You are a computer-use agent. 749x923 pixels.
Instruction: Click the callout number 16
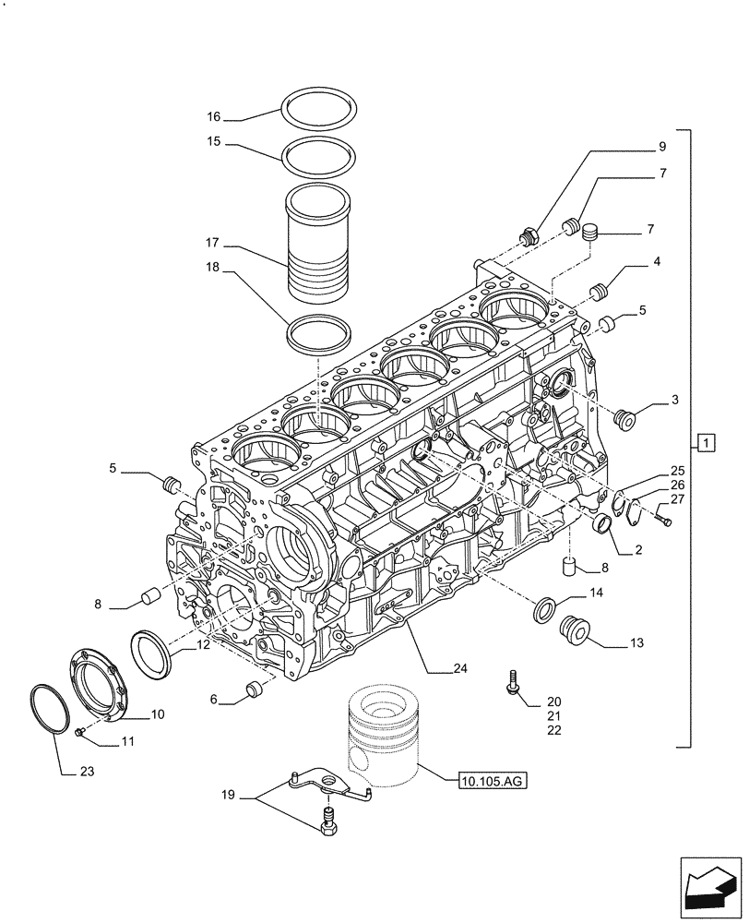tap(214, 117)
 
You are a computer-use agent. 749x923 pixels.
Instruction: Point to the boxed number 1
tap(704, 443)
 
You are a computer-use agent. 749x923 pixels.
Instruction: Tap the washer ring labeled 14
tap(545, 609)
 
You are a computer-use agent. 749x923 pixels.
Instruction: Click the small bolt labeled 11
tap(80, 732)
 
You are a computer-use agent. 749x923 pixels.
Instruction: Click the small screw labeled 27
tap(665, 521)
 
